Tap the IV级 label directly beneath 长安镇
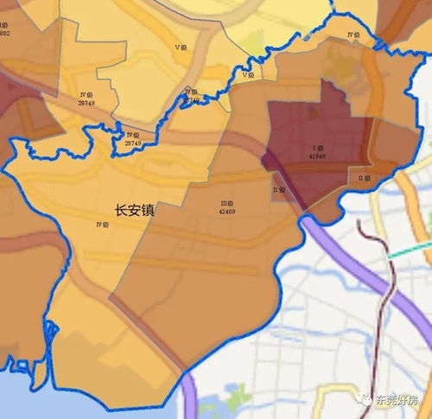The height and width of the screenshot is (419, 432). [x=102, y=225]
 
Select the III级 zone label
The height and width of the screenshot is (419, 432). [x=228, y=203]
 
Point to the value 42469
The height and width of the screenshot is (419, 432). [x=228, y=211]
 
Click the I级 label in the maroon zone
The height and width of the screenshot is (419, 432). [x=318, y=148]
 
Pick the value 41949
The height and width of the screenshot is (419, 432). [x=318, y=156]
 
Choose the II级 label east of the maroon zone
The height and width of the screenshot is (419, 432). [x=365, y=179]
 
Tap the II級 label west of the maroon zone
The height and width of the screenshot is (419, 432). [x=278, y=189]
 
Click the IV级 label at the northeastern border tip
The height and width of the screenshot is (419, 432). [x=353, y=35]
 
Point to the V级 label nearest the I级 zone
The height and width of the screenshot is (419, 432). [x=249, y=75]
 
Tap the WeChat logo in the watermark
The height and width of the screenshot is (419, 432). [x=368, y=401]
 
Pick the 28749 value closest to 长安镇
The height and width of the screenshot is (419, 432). [x=132, y=143]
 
